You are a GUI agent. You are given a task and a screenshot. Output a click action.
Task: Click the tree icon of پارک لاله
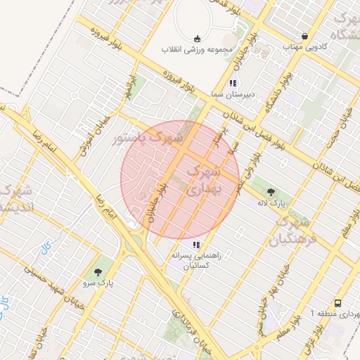(271, 190)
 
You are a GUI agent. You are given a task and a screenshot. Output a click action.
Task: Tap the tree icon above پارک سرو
(97, 272)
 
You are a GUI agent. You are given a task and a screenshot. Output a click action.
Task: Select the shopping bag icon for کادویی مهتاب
(304, 36)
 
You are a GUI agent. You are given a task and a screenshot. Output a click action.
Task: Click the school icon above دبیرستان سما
(233, 83)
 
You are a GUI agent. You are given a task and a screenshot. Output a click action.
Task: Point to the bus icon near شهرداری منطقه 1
(338, 303)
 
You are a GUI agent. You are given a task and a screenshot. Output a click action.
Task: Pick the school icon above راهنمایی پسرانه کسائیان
(196, 245)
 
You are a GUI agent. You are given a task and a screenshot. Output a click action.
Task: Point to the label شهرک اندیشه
(15, 199)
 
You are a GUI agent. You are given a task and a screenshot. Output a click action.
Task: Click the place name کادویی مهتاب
(302, 46)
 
